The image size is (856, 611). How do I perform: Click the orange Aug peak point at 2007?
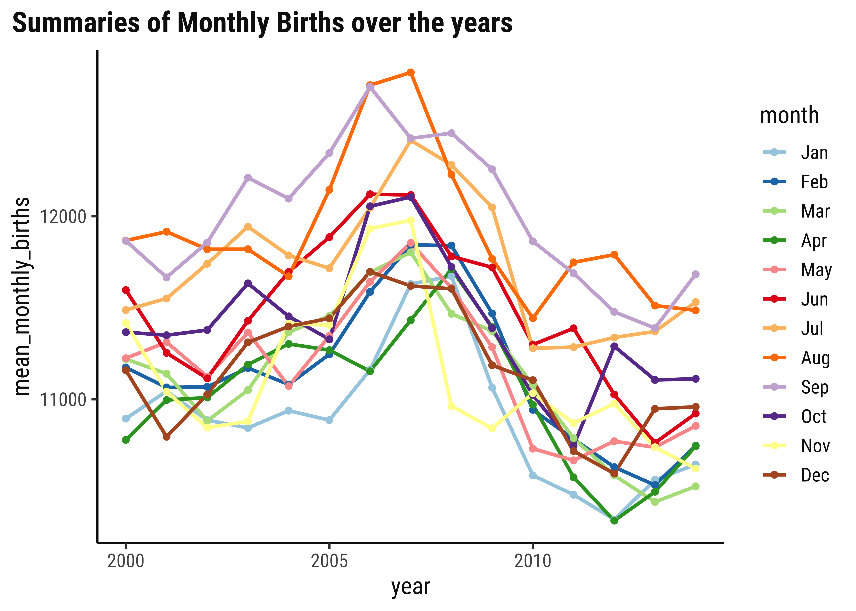point(411,72)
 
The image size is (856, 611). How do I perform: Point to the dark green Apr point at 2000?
point(126,440)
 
